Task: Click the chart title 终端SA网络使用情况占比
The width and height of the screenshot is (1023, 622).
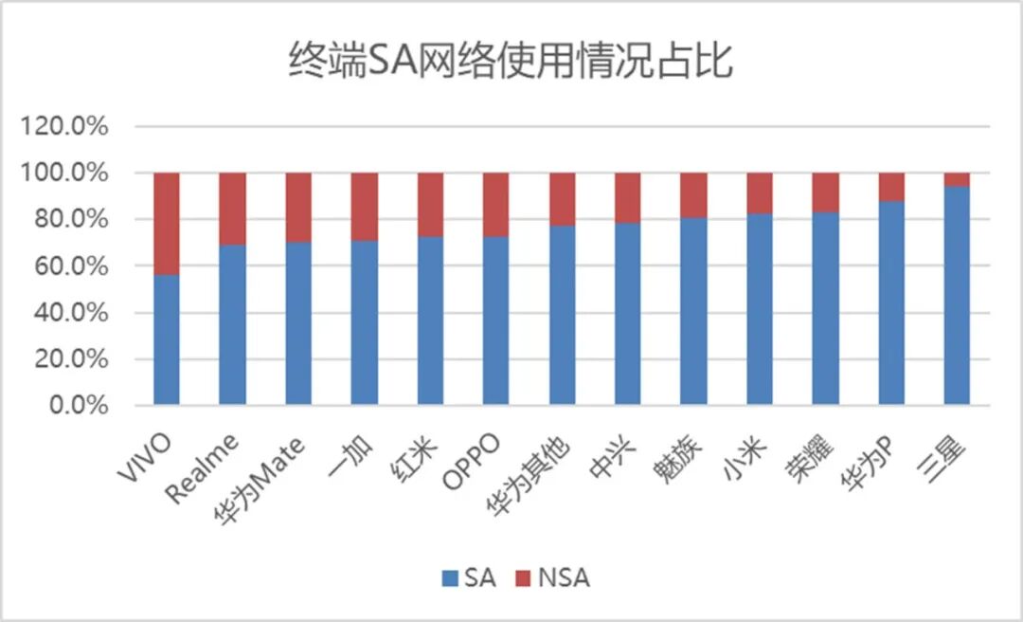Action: [x=511, y=62]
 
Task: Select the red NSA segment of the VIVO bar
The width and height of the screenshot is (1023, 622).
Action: [x=167, y=224]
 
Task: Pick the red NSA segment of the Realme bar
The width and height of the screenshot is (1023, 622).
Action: [x=232, y=209]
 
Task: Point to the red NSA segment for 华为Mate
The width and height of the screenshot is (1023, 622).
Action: [x=298, y=208]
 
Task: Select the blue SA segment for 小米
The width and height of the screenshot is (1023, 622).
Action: [x=760, y=309]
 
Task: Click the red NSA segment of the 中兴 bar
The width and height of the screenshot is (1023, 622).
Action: [x=628, y=197]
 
